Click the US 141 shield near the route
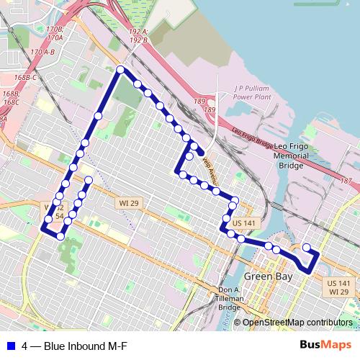pos(243,224)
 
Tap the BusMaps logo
pos(325,345)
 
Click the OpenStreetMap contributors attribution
pos(297,323)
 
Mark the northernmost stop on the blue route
pos(121,70)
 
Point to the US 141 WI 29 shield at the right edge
pos(338,287)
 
